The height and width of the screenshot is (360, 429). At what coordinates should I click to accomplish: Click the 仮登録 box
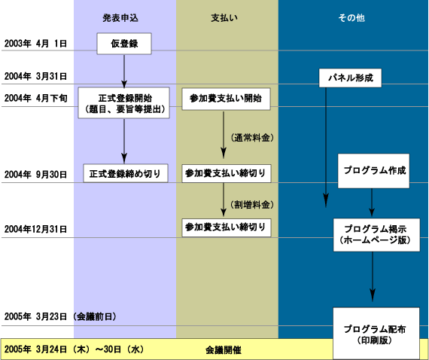(x=124, y=44)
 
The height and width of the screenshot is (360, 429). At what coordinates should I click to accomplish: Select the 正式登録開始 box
(x=123, y=103)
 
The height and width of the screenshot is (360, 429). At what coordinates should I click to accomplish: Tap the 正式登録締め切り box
(x=125, y=173)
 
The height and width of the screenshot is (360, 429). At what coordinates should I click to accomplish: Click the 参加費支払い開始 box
(x=226, y=99)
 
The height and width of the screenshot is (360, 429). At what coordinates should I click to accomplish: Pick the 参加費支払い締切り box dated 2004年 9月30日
(x=227, y=173)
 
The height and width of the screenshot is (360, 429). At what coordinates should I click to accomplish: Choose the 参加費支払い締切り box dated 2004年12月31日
(x=227, y=227)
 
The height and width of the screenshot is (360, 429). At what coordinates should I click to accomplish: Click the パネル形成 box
(x=350, y=78)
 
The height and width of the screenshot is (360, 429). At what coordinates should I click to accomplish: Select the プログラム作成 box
(x=374, y=171)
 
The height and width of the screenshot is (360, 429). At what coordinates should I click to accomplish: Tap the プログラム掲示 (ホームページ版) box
(x=376, y=235)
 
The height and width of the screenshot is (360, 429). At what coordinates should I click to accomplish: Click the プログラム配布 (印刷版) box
(x=376, y=334)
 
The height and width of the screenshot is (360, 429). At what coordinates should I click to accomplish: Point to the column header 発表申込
(x=120, y=18)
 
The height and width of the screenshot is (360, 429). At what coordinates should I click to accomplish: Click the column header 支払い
(x=224, y=18)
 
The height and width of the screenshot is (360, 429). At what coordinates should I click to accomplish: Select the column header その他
(x=351, y=18)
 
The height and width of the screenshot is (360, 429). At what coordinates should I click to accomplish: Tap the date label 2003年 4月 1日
(x=35, y=44)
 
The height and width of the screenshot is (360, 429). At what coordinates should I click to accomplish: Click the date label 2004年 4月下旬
(x=35, y=98)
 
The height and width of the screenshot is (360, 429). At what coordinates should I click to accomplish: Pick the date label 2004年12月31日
(x=35, y=229)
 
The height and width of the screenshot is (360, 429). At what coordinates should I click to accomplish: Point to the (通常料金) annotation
(x=252, y=138)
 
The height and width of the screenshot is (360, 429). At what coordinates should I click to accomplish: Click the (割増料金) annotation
(x=252, y=205)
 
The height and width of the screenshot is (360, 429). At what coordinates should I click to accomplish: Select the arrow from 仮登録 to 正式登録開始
(x=124, y=72)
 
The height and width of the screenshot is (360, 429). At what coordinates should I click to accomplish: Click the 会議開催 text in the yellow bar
(x=224, y=350)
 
